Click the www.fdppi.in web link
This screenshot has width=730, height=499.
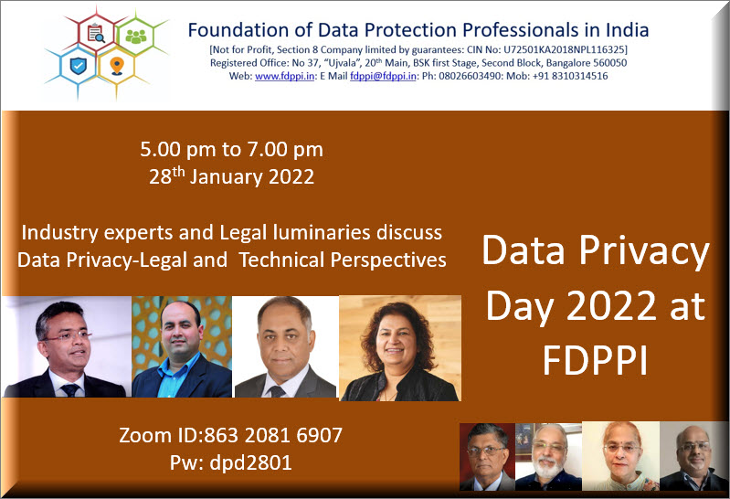[284, 76]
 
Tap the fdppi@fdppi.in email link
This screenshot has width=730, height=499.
[383, 76]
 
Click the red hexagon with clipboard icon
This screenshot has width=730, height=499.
[96, 33]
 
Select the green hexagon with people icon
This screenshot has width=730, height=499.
[135, 36]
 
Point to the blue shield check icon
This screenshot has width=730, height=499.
[79, 66]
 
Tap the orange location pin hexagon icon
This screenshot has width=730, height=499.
[117, 66]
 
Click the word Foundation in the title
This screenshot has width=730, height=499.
[238, 30]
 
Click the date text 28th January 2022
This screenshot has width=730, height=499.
[231, 176]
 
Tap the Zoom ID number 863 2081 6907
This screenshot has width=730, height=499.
[273, 435]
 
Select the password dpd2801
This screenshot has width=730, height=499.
[250, 462]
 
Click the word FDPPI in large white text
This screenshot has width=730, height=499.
[596, 361]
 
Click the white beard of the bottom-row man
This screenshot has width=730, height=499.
[548, 466]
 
